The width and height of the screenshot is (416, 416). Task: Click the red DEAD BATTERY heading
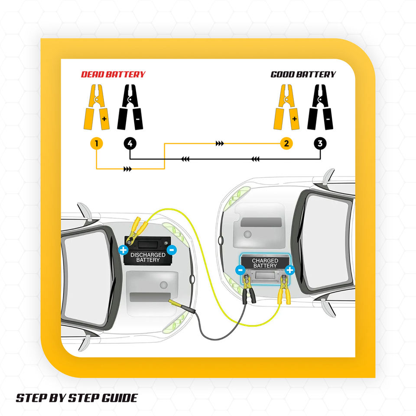(x=113, y=75)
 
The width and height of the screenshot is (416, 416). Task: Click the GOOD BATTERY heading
(x=303, y=75)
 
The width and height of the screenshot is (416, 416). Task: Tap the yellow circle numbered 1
(x=96, y=143)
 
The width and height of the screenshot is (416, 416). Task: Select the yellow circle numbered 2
(x=286, y=143)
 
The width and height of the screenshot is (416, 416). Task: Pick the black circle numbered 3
(x=320, y=143)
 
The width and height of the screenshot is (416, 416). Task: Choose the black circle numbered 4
(x=130, y=143)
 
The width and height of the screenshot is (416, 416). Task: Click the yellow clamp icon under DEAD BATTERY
(x=96, y=107)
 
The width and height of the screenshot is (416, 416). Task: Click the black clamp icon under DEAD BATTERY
(x=130, y=107)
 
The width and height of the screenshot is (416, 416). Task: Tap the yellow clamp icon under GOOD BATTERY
(x=286, y=107)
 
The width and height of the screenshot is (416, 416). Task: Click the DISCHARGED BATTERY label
(x=148, y=257)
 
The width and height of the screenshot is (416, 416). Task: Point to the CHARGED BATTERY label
(x=265, y=263)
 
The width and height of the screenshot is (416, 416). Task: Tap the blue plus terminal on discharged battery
(x=123, y=250)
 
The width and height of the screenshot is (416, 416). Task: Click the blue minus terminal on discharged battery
(x=172, y=250)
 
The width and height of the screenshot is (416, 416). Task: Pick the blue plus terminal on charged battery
(x=289, y=270)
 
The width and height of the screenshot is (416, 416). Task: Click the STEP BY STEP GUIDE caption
(x=77, y=398)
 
